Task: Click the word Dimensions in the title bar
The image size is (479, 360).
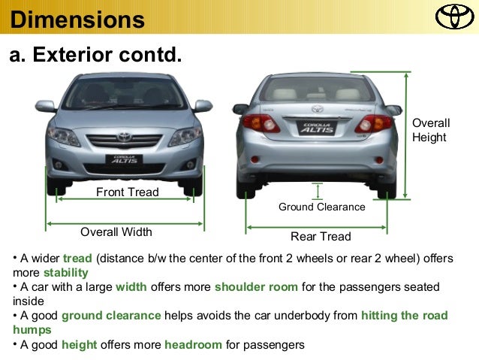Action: pyautogui.click(x=77, y=20)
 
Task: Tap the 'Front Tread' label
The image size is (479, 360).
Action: pyautogui.click(x=128, y=192)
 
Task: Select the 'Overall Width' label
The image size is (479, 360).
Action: pyautogui.click(x=116, y=231)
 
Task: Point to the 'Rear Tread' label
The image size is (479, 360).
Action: pyautogui.click(x=321, y=237)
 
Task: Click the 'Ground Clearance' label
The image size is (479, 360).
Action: pyautogui.click(x=321, y=207)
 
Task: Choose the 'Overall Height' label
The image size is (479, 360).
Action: pyautogui.click(x=431, y=130)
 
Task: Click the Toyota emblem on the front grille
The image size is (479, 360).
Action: pyautogui.click(x=124, y=137)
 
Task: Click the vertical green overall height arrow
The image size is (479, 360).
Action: pyautogui.click(x=405, y=135)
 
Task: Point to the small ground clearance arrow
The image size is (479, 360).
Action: pyautogui.click(x=318, y=190)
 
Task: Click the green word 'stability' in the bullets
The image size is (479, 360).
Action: pyautogui.click(x=66, y=273)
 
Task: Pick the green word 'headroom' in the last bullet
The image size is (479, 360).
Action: pyautogui.click(x=194, y=345)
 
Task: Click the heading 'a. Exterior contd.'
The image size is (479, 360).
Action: pyautogui.click(x=96, y=56)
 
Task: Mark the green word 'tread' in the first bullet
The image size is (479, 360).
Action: pyautogui.click(x=77, y=259)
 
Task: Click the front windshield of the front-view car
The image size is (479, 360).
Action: pyautogui.click(x=124, y=94)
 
